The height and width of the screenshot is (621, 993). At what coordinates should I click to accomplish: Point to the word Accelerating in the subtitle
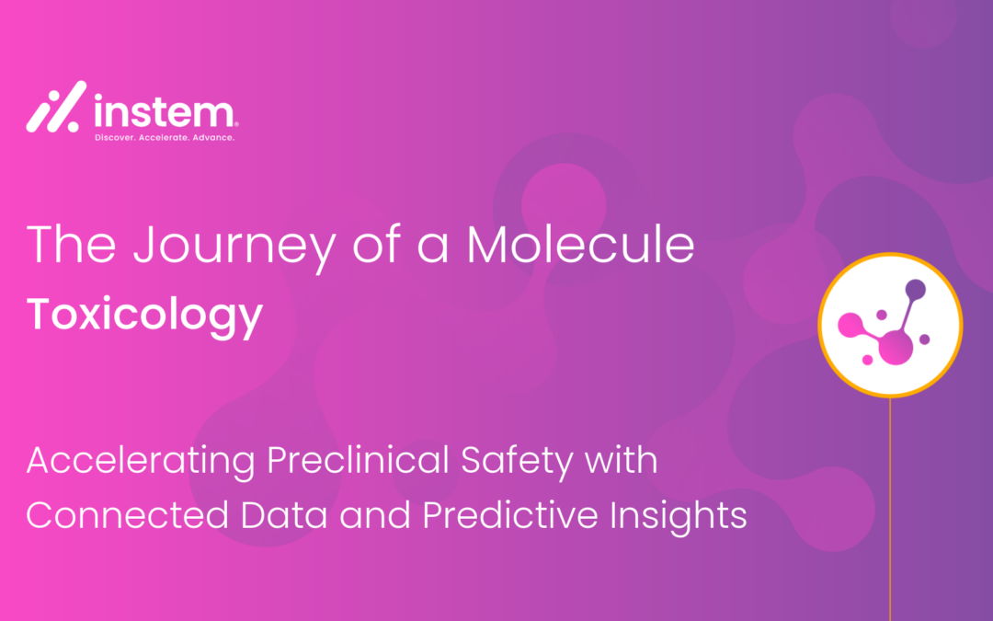[x=141, y=462]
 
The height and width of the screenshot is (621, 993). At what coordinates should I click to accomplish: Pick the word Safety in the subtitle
[x=518, y=462]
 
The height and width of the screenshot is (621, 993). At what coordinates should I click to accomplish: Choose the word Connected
[x=127, y=515]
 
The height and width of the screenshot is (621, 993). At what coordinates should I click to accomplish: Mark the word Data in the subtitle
[x=284, y=515]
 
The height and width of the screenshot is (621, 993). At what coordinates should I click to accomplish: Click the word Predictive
[x=509, y=515]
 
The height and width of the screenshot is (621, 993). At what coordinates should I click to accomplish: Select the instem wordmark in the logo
[x=165, y=111]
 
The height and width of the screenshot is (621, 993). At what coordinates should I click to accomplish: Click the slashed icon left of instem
[x=56, y=107]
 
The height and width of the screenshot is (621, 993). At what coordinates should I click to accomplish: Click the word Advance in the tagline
[x=214, y=137]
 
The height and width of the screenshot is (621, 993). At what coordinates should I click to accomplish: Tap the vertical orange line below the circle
[x=890, y=509]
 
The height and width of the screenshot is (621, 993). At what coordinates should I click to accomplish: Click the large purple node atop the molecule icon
[x=916, y=290]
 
